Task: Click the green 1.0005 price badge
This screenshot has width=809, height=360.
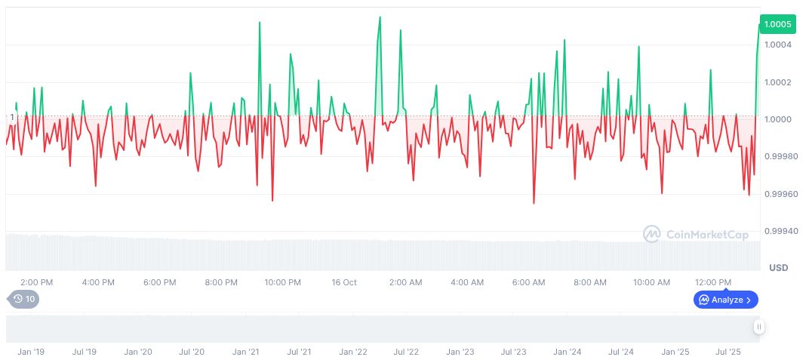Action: tap(777, 24)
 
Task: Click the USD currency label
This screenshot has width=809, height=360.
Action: tap(778, 268)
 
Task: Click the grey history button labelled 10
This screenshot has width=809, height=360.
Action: tap(24, 299)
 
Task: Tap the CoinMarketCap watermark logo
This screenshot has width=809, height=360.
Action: tap(695, 235)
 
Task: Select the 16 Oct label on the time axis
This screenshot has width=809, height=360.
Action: tap(344, 282)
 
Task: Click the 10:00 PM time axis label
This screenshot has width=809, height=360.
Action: tap(282, 282)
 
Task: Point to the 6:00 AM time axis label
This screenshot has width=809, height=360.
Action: tap(528, 282)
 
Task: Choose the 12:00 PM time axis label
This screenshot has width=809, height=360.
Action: tap(713, 282)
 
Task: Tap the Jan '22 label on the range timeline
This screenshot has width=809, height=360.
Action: tap(352, 352)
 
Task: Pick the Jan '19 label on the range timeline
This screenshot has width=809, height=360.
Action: tap(30, 352)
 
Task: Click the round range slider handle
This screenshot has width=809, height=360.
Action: tap(758, 327)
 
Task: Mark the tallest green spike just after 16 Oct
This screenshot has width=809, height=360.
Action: tap(380, 17)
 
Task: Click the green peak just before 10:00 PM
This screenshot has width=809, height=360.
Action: tap(260, 23)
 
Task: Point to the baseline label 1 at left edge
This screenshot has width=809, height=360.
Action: tap(12, 117)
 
